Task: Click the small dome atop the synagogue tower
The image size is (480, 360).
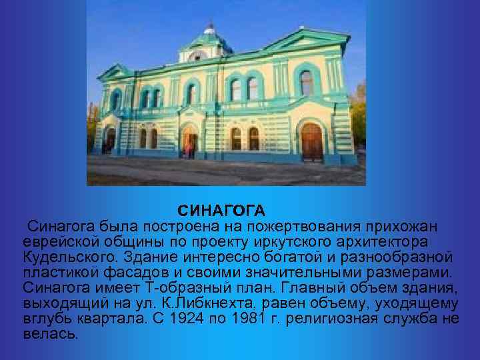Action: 209,31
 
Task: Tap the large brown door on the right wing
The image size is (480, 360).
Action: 311,141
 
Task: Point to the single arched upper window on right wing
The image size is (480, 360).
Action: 306,83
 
